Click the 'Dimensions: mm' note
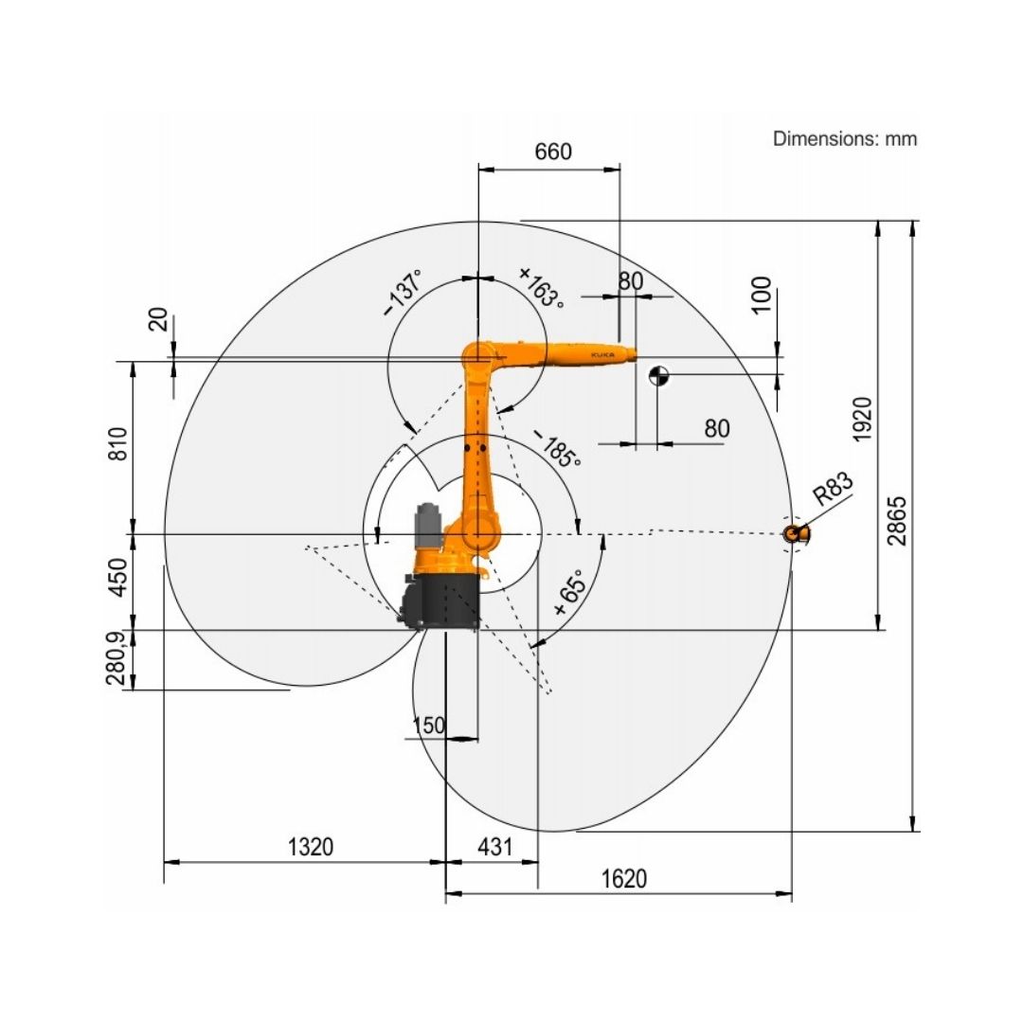click(845, 138)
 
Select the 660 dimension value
click(553, 152)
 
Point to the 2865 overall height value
click(896, 520)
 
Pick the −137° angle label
click(403, 293)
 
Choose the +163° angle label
click(541, 288)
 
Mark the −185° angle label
click(556, 449)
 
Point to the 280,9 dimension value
click(117, 660)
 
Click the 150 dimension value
click(429, 726)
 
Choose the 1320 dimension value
click(311, 847)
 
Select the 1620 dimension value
click(624, 879)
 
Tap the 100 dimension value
click(760, 296)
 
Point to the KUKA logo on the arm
click(601, 353)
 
